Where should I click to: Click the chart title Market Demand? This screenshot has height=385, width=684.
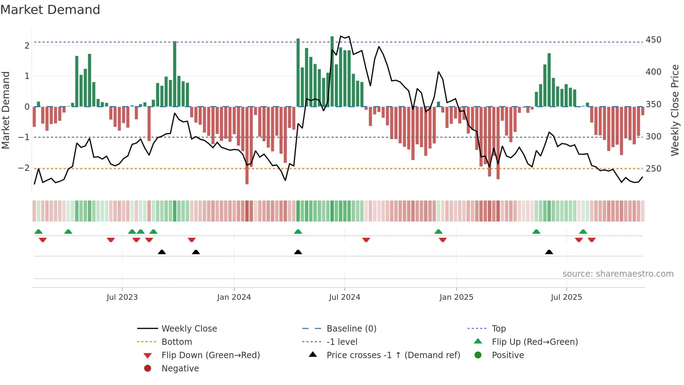50,10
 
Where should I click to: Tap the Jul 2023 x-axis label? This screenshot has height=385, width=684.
122,297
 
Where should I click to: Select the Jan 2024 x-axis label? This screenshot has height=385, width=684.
234,297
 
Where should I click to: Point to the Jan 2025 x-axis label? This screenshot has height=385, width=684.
456,297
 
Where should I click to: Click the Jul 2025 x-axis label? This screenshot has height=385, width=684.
566,297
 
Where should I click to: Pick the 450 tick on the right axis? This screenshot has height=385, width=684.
653,40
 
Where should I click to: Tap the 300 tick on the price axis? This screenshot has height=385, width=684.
653,137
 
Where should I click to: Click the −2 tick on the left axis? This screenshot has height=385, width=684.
24,168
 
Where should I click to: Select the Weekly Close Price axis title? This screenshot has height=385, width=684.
675,110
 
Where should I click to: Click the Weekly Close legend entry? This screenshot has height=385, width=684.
189,329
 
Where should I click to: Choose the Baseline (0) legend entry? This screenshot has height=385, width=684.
351,329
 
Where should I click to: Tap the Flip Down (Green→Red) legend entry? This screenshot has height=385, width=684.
210,355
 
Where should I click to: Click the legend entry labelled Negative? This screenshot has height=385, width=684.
180,369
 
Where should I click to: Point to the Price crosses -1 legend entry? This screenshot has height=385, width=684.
393,355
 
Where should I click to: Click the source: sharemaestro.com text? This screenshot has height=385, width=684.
618,274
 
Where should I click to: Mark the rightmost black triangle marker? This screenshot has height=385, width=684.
549,252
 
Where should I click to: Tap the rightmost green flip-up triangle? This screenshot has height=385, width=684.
583,232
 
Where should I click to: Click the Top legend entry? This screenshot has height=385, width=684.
498,329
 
